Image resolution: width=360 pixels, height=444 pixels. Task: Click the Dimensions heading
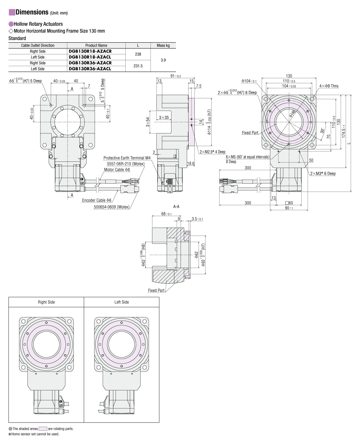32,12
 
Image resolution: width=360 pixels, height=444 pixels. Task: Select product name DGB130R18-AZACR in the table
90,51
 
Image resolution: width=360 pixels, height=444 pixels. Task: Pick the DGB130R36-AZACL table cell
90,69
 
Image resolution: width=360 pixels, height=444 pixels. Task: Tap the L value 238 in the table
138,54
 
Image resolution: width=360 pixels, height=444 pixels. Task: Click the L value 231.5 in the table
138,66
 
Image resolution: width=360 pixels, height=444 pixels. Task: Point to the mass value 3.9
163,60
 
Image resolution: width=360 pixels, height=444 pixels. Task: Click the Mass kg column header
163,45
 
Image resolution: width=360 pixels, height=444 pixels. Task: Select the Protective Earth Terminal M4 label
127,158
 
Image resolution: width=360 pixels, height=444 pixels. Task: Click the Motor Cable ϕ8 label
117,170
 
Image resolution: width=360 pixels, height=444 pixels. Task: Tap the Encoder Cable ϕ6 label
96,200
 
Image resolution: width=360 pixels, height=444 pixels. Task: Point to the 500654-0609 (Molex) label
112,207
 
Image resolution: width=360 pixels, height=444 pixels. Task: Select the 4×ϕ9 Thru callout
329,86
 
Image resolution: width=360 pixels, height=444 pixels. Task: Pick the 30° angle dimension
322,130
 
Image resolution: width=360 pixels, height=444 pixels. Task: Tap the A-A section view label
176,207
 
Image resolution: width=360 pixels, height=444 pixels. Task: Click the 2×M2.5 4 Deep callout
212,152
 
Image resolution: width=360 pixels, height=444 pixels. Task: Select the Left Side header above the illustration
122,302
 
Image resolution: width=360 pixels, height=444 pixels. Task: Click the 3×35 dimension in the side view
164,117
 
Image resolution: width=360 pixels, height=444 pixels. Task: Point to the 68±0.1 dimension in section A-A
166,214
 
